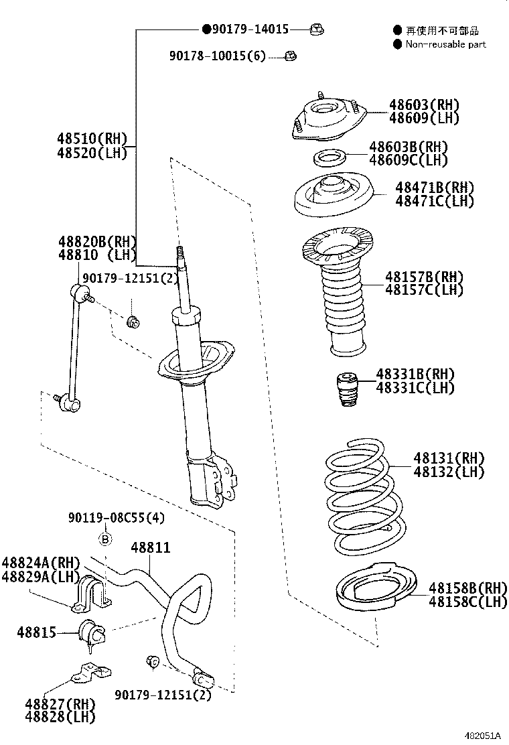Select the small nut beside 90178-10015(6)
[x=291, y=56]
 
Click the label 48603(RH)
[x=425, y=105]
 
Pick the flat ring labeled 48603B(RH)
[x=330, y=158]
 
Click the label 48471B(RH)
[x=434, y=188]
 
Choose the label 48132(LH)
[x=448, y=472]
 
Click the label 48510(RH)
[x=92, y=139]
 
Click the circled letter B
[x=105, y=538]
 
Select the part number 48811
[x=150, y=547]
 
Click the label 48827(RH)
[x=60, y=703]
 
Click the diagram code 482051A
[x=482, y=735]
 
